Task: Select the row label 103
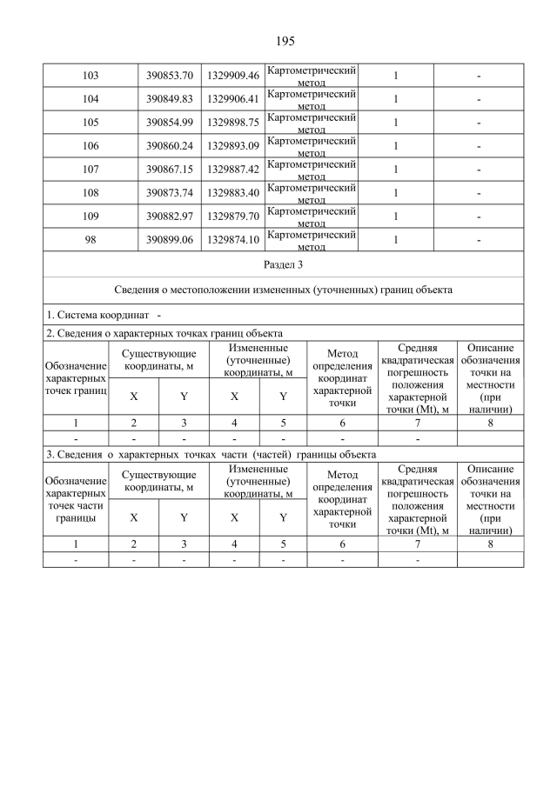(x=90, y=76)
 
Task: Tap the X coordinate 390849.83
(x=169, y=99)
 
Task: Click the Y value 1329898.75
(x=233, y=123)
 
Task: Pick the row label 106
(x=90, y=146)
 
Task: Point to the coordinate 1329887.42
(x=233, y=170)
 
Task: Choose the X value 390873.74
(x=169, y=193)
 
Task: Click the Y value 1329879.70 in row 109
(x=233, y=217)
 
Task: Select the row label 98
(x=90, y=240)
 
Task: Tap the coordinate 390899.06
(x=169, y=240)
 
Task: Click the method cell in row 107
(x=311, y=170)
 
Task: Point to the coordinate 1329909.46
(x=233, y=76)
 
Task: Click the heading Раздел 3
(x=283, y=263)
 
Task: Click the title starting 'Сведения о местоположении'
(x=283, y=289)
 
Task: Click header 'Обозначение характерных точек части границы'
(x=76, y=499)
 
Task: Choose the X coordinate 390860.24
(x=169, y=146)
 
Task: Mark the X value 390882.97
(x=169, y=217)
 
